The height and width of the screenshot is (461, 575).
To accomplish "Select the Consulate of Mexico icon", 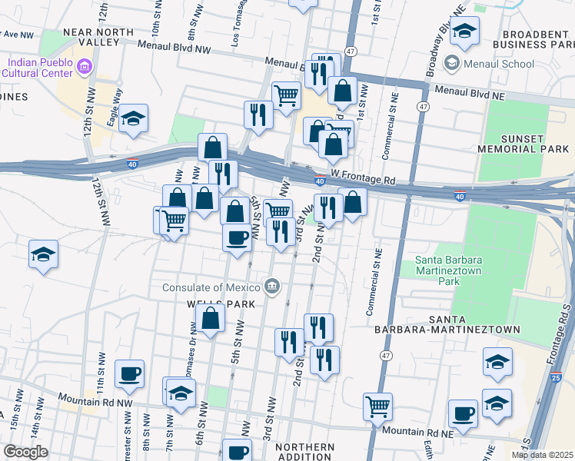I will pos(272,288).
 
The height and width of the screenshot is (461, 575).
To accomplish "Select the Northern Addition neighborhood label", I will pos(304,453).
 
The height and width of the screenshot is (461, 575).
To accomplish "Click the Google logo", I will pos(25,452).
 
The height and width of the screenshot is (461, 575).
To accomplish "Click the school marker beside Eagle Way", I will pos(134,119).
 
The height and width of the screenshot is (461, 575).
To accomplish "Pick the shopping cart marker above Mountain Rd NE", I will pos(377,406).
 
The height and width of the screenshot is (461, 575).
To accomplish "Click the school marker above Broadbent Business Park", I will pos(465,31).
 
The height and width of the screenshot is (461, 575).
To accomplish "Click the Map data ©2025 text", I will pos(541,455).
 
